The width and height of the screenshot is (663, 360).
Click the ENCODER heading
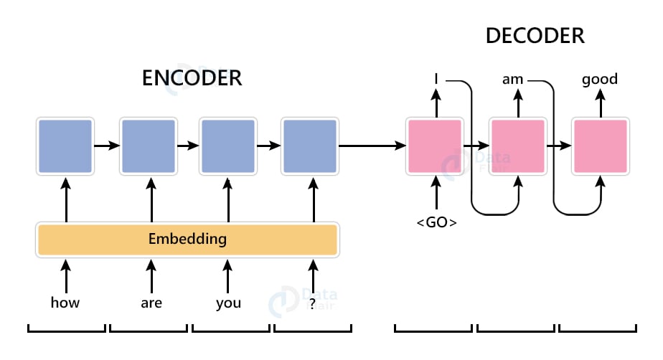coord(192,77)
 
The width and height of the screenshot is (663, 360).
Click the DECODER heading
coord(534,35)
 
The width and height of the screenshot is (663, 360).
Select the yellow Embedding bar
coord(187,240)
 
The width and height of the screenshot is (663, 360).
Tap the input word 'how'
coord(65,303)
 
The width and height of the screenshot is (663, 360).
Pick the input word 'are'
coord(151,303)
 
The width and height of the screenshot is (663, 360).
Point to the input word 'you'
coord(228,303)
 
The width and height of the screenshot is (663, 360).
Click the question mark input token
coord(312,303)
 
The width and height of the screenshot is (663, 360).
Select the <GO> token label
coord(436,222)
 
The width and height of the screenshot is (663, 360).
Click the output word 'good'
coord(600,79)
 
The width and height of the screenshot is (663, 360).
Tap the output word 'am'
coord(513,79)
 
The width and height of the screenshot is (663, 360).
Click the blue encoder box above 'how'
coord(65,146)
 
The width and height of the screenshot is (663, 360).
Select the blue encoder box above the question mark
coord(310,146)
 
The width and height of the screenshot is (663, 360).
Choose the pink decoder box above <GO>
coord(435,146)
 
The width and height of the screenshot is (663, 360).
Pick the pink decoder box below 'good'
coord(600,146)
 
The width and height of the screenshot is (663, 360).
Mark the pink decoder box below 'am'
coord(517,146)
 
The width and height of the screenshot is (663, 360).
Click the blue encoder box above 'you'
coord(227,146)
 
